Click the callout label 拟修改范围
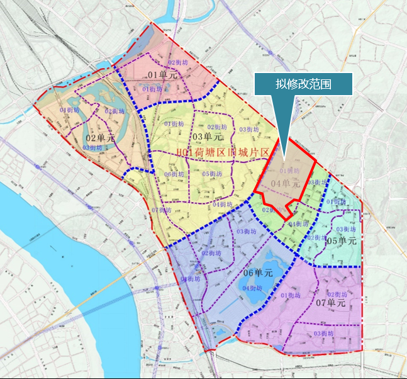pos(304,84)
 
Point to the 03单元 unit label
pos(207,137)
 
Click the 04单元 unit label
pos(285,183)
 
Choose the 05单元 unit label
pos(342,241)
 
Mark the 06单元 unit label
pos(257,273)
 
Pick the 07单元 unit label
pos(331,303)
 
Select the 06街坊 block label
pos(174,174)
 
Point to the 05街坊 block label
pos(212,174)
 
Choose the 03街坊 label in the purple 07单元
pos(323,333)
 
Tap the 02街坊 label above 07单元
pos(337,294)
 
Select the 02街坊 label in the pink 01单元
pos(179,63)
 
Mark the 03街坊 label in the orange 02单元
pos(92,147)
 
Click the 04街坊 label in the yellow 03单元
pos(222,204)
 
